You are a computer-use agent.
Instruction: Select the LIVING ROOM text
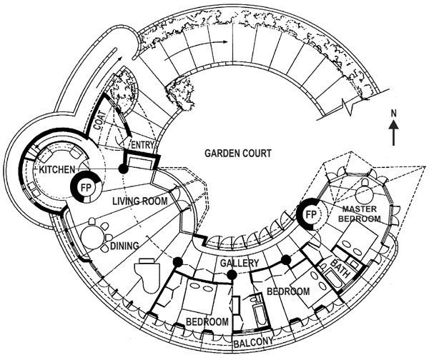pos(140,201)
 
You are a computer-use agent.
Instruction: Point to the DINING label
pos(124,246)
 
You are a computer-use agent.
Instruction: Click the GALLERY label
pos(240,264)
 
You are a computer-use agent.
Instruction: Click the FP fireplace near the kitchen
pos(87,188)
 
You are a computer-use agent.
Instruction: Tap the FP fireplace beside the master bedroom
pos(311,214)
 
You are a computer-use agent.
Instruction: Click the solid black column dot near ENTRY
pos(123,169)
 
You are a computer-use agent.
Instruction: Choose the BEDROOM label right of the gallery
pos(287,291)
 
